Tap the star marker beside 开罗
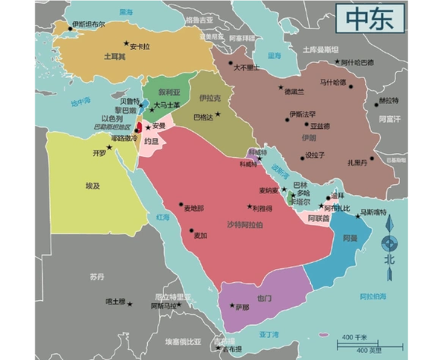coord(108,147)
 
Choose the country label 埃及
coord(93,184)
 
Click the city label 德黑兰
coord(294,92)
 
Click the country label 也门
coord(263,298)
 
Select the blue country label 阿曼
coord(350,238)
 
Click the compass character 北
coord(389,258)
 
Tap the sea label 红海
coord(163,217)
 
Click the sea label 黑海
coord(124,12)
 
